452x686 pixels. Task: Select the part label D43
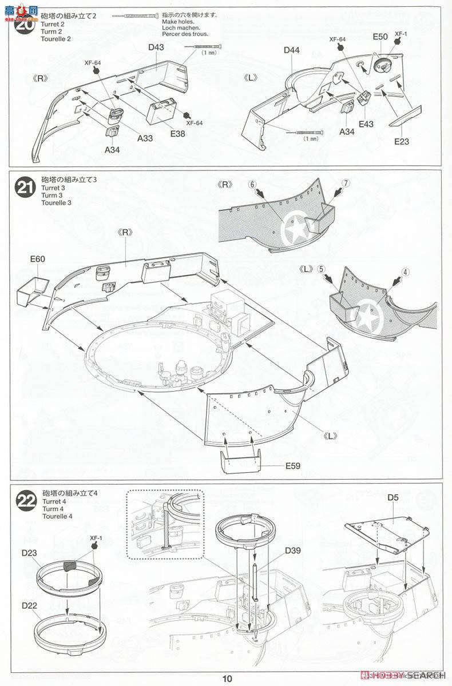point(156,47)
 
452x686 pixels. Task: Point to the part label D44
point(291,50)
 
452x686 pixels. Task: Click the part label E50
point(380,37)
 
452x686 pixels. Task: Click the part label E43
point(366,123)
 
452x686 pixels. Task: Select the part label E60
point(38,259)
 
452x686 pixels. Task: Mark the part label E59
point(292,465)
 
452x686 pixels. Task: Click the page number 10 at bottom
point(228,679)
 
